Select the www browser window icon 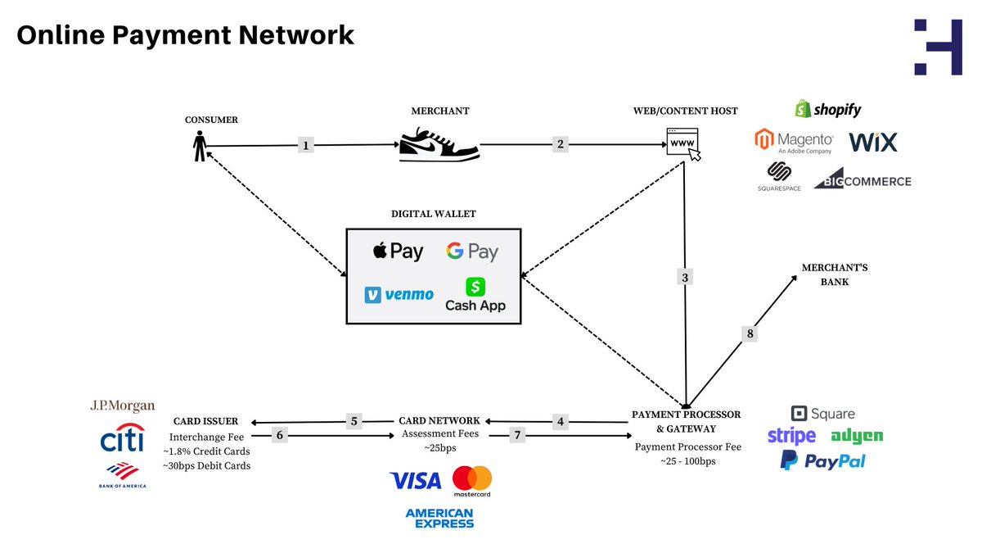pyautogui.click(x=683, y=144)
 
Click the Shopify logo pyautogui.click(x=827, y=109)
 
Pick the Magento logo pyautogui.click(x=794, y=142)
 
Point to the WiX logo pyautogui.click(x=872, y=142)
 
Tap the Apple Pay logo pyautogui.click(x=399, y=251)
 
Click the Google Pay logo pyautogui.click(x=472, y=252)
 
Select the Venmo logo pyautogui.click(x=399, y=294)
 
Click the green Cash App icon pyautogui.click(x=475, y=287)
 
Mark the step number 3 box pyautogui.click(x=686, y=277)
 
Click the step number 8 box pyautogui.click(x=750, y=333)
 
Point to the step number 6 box pyautogui.click(x=280, y=436)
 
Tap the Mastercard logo pyautogui.click(x=472, y=482)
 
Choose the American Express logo pyautogui.click(x=439, y=518)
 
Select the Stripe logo pyautogui.click(x=791, y=436)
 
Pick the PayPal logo pyautogui.click(x=822, y=461)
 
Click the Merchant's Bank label pyautogui.click(x=825, y=274)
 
